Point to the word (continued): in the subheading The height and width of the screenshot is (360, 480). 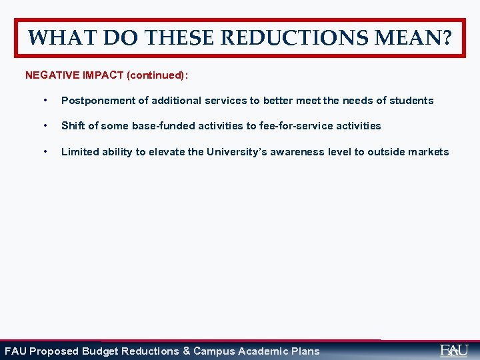pos(157,75)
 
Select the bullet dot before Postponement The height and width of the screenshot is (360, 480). pos(44,101)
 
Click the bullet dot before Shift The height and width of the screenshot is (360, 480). pos(44,126)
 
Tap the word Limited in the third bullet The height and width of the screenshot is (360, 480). pos(79,152)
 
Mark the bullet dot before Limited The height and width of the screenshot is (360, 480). pos(44,152)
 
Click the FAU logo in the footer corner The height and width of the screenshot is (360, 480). pos(454,350)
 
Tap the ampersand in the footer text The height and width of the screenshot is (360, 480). pos(187,351)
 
